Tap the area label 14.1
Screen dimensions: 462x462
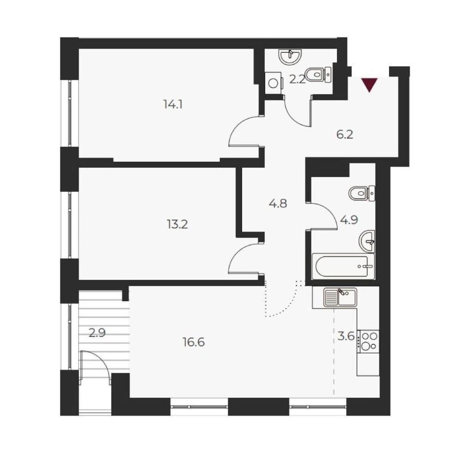[x=173, y=104]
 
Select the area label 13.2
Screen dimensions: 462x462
[x=177, y=225]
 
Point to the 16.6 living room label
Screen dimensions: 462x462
[x=194, y=342]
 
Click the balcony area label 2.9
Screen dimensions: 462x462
[x=97, y=334]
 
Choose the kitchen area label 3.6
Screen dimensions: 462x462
[x=346, y=336]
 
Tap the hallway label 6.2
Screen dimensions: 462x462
[x=345, y=135]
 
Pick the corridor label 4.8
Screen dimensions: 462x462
[x=278, y=203]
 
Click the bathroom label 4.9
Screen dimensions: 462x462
[x=349, y=220]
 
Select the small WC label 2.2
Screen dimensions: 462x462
[x=297, y=79]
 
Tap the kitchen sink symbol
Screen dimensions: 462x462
[x=340, y=298]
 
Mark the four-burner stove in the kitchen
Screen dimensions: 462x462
[x=368, y=342]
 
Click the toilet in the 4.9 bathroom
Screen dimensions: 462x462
[x=362, y=194]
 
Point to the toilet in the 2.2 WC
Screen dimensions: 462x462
[x=318, y=74]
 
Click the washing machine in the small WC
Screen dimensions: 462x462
[x=274, y=83]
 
